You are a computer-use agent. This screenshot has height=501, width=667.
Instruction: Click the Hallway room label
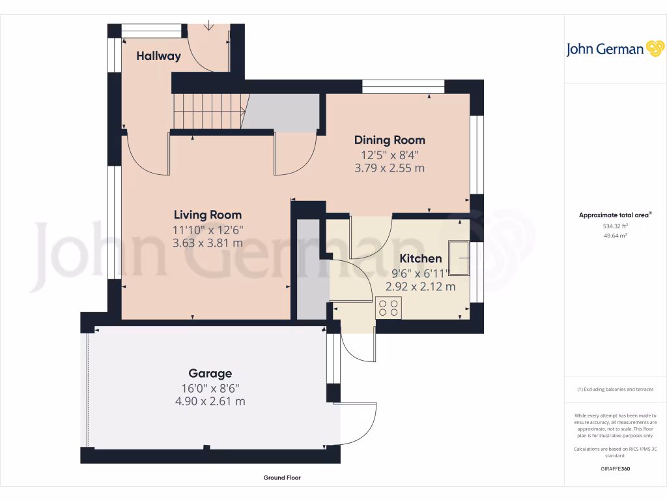point(158,56)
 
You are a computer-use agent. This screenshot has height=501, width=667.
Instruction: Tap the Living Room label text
point(207,215)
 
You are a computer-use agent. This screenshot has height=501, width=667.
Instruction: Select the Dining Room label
point(390,140)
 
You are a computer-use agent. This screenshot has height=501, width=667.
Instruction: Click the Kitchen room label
point(420,259)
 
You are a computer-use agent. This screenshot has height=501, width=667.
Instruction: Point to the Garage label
point(210,374)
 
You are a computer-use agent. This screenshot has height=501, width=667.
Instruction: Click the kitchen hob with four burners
point(389,307)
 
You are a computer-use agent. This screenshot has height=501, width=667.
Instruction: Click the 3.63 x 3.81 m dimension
point(207,243)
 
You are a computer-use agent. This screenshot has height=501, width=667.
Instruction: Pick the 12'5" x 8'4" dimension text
point(390,155)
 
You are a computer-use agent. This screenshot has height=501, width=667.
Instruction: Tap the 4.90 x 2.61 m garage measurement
point(210,401)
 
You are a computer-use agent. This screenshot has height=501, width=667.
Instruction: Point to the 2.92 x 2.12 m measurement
point(420,286)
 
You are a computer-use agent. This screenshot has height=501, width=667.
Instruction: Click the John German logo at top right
point(614,49)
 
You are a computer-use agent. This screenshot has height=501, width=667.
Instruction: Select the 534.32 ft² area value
point(616,226)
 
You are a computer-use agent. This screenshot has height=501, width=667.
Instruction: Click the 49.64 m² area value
point(616,235)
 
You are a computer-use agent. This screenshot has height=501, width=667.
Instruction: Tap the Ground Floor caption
point(282,478)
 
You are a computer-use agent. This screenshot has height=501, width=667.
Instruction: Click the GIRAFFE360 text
point(616,469)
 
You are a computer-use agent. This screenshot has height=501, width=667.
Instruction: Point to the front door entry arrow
point(208,26)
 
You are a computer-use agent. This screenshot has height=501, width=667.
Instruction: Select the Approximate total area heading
point(615,215)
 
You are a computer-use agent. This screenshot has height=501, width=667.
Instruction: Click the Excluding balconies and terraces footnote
point(615,389)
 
